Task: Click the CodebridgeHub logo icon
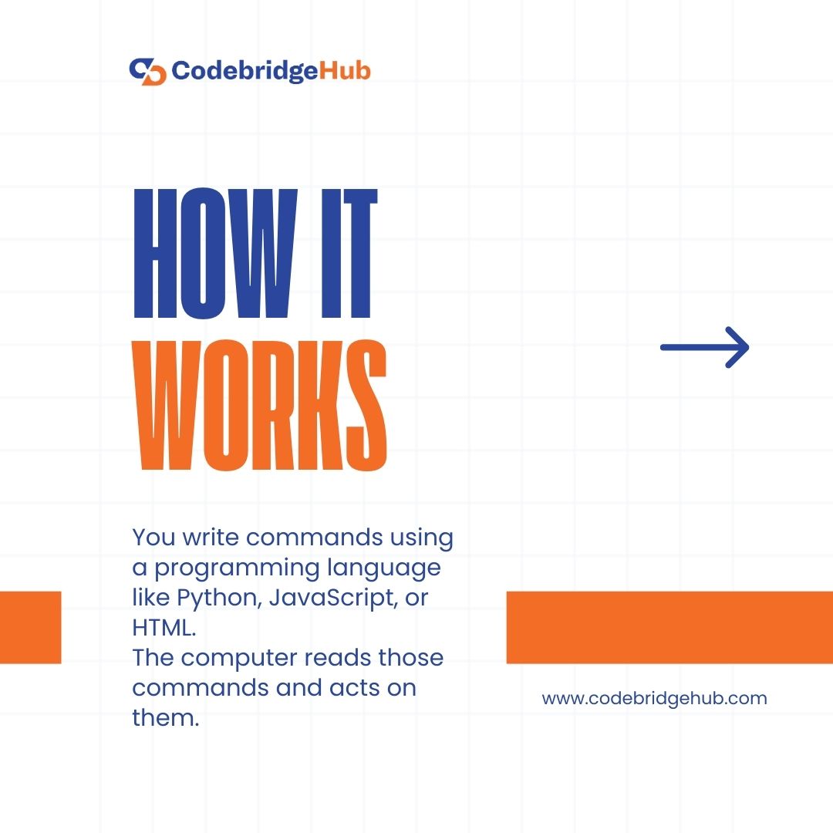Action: (147, 71)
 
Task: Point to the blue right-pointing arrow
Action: (705, 347)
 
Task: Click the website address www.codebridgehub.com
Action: (654, 699)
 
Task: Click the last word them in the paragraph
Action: (166, 717)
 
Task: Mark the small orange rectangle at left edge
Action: (30, 627)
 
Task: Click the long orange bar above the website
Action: (669, 627)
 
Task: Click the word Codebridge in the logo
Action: (244, 71)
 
